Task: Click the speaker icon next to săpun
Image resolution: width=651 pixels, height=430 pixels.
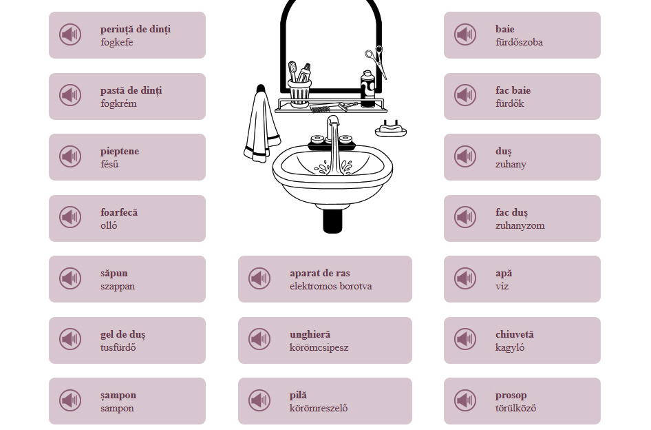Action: point(70,278)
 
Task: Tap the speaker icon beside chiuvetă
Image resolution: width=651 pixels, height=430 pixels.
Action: point(465,339)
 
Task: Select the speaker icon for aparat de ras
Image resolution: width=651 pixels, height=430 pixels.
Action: point(259,278)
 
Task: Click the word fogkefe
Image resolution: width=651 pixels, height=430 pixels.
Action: point(117,42)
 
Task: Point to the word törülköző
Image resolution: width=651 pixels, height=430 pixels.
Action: point(515,408)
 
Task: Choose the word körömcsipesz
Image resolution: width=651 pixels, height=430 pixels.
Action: point(319,347)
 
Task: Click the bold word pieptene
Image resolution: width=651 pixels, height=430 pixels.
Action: point(120,152)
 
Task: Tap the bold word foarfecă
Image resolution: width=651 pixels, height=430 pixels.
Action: point(119,212)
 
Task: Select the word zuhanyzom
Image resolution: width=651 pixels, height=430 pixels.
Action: point(520,225)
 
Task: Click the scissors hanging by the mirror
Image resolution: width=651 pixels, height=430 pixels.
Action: point(377,61)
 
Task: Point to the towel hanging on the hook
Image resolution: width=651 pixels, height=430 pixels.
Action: point(261,125)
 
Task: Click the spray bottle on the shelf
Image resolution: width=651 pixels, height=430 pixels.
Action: point(367,89)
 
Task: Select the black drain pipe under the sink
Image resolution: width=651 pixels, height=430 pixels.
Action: point(332,221)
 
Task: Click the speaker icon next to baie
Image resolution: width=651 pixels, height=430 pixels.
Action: point(465,34)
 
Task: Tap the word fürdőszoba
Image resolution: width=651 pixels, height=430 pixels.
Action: point(519,42)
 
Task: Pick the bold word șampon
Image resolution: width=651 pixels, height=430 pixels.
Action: point(118,396)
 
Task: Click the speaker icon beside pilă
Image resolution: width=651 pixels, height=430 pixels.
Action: point(259,400)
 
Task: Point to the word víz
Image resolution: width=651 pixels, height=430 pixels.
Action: point(502,286)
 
